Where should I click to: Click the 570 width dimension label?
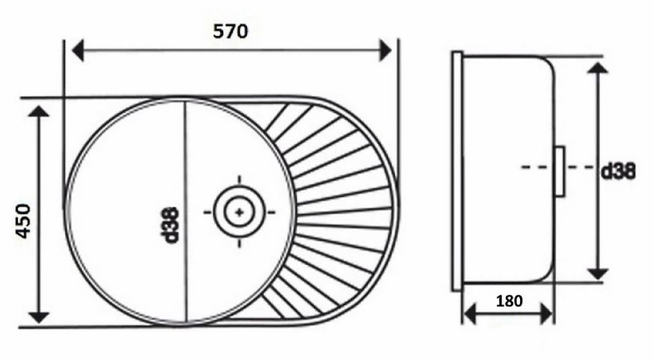pyautogui.click(x=230, y=31)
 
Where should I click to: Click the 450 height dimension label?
pyautogui.click(x=24, y=221)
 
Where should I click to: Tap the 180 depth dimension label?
pyautogui.click(x=510, y=301)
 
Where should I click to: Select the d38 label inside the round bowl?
pyautogui.click(x=171, y=225)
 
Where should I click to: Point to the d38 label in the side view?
pyautogui.click(x=618, y=171)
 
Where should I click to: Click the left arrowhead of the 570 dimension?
pyautogui.click(x=78, y=51)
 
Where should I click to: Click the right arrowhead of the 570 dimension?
pyautogui.click(x=385, y=50)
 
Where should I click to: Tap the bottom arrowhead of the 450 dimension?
pyautogui.click(x=39, y=317)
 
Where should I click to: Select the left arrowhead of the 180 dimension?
pyautogui.click(x=469, y=314)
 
